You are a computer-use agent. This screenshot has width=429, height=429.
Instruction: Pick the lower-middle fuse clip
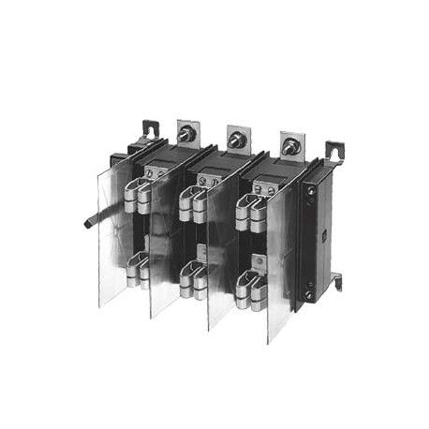tap(194, 275)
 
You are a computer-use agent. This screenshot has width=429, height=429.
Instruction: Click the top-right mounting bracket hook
tap(333, 151)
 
